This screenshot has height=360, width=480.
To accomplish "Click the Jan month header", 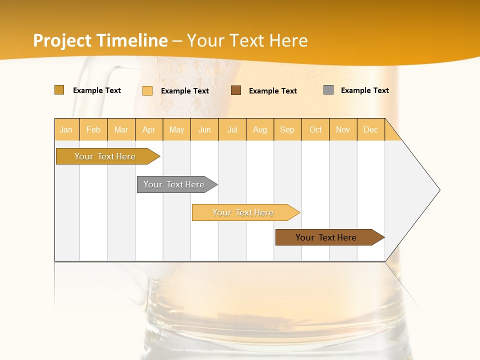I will pos(66,129).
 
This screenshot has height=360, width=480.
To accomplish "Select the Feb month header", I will pos(93,129).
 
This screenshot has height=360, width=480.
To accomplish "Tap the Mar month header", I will pos(121,129).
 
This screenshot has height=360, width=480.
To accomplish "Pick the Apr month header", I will pos(149,129).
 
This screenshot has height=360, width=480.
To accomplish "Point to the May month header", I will pos(176,129).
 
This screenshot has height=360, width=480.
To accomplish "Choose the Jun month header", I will pos(204,129).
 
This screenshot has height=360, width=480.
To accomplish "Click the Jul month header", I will pos(232,129).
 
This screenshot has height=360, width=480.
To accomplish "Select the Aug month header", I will pos(260,129).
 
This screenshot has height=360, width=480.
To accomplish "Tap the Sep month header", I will pos(287,129).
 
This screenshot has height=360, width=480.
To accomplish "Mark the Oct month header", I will pos(315,129).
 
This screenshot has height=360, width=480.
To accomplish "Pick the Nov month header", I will pos(343,129).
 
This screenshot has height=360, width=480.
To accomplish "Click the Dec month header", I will pos(370,129).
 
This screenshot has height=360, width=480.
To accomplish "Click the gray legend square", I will pos(328,90).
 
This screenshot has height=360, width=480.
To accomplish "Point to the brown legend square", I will pos(236,90).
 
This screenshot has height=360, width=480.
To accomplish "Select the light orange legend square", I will pos(147,90).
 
